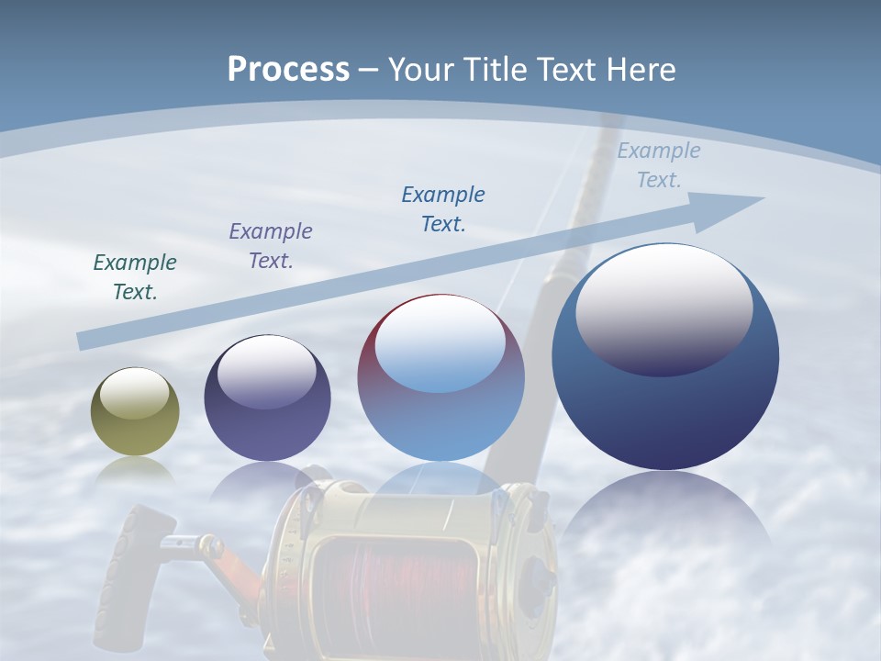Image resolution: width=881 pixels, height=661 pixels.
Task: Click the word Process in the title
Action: coord(288,70)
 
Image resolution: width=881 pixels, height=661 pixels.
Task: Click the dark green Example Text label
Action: coord(135,276)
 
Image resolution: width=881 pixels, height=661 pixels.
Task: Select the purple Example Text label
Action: coord(271,245)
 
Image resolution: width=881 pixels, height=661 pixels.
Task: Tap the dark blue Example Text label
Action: coord(443,208)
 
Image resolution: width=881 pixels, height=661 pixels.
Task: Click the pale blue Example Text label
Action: coord(659,165)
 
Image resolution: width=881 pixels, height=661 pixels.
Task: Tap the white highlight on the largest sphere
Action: coord(664,308)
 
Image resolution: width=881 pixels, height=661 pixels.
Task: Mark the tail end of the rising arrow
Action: coord(84,341)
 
